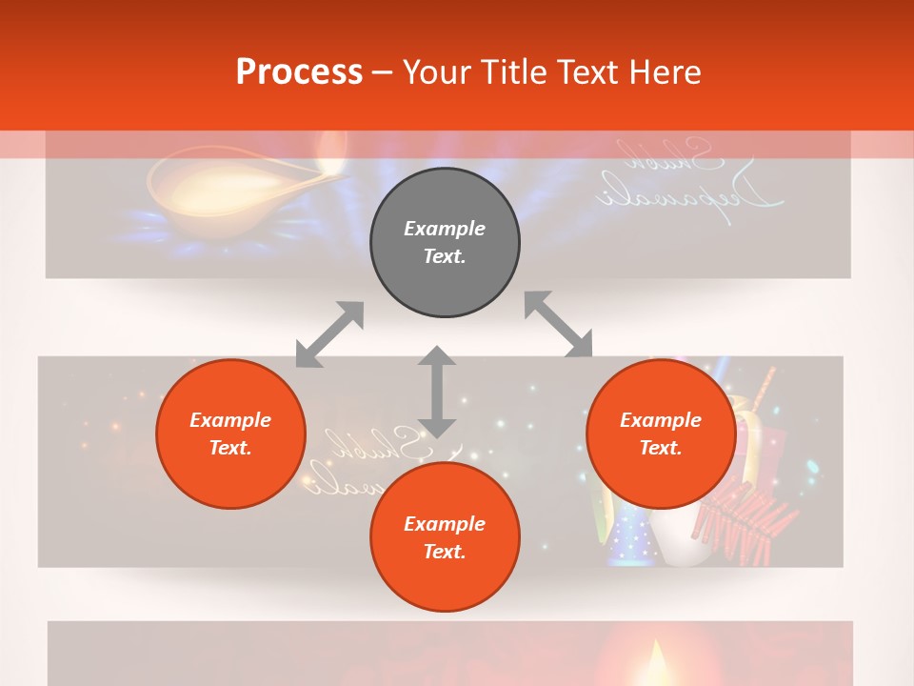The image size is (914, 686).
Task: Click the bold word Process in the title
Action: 299,72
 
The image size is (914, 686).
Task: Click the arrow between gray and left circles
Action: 329,334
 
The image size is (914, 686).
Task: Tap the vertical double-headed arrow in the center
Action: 437,392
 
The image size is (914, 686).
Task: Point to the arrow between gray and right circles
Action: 559,325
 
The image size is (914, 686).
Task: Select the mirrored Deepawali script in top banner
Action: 690,176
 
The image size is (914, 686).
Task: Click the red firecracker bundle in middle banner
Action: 747,519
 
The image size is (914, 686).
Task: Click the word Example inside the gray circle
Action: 445,229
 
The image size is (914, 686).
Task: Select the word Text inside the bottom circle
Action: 445,552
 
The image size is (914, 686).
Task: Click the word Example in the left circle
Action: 230,420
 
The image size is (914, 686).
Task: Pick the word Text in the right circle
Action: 661,448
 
